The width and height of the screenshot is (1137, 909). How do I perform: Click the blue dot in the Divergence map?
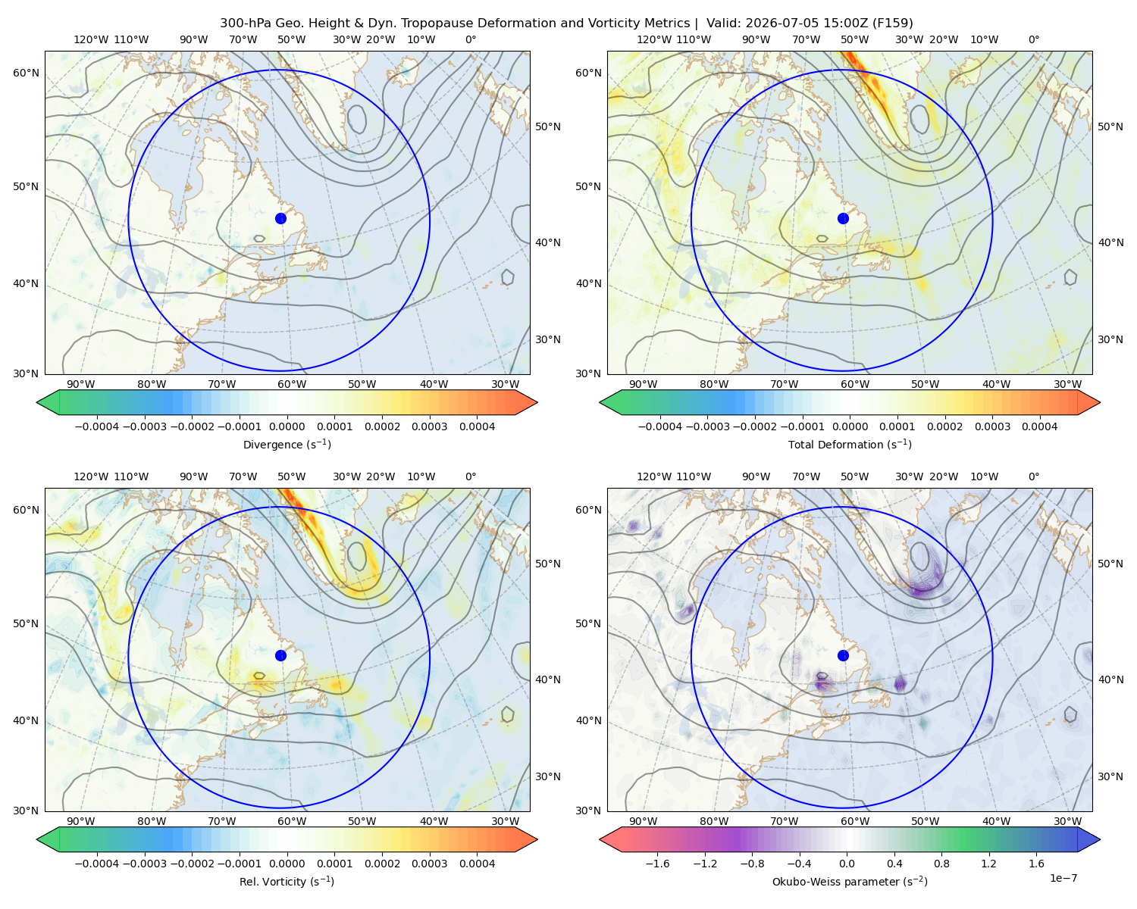pyautogui.click(x=280, y=218)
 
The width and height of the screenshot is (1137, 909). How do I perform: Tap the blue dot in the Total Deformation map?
pyautogui.click(x=843, y=218)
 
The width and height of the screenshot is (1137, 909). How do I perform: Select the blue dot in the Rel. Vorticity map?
pyautogui.click(x=280, y=655)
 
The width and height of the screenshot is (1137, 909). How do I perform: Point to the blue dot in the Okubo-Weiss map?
pyautogui.click(x=843, y=655)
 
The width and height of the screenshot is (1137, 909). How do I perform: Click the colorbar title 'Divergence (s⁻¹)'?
pyautogui.click(x=287, y=444)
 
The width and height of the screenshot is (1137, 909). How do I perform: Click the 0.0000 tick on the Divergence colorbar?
pyautogui.click(x=287, y=426)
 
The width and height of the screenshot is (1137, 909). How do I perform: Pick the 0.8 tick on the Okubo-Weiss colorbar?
pyautogui.click(x=941, y=863)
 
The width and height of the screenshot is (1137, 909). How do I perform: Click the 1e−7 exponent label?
pyautogui.click(x=1063, y=878)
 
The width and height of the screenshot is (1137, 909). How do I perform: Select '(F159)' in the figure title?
pyautogui.click(x=892, y=23)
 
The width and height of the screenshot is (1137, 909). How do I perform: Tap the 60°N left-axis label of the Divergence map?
pyautogui.click(x=26, y=73)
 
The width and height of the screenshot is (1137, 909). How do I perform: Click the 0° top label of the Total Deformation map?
pyautogui.click(x=1033, y=39)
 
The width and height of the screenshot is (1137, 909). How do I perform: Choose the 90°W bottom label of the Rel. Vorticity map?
pyautogui.click(x=81, y=821)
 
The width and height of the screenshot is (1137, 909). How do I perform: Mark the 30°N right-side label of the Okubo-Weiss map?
pyautogui.click(x=1110, y=776)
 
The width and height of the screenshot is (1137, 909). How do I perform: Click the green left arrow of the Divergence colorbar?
pyautogui.click(x=48, y=402)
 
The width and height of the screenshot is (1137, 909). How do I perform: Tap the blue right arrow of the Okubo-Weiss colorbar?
pyautogui.click(x=1089, y=839)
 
